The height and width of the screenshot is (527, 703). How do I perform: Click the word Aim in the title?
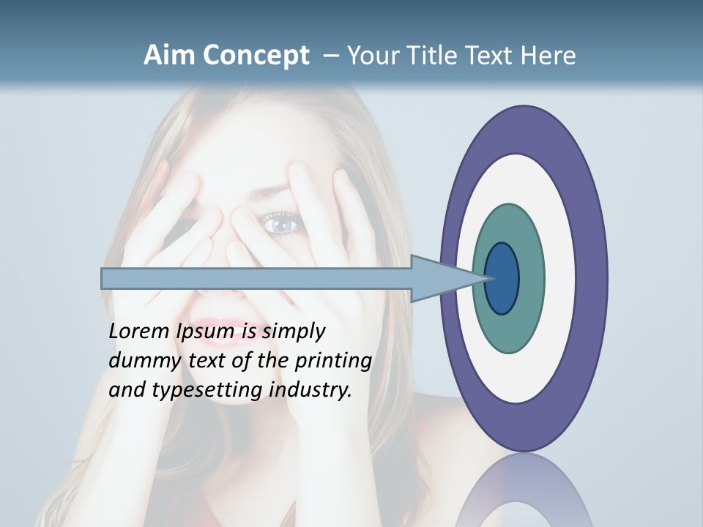pyautogui.click(x=170, y=56)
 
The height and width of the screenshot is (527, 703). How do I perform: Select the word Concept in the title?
pyautogui.click(x=256, y=56)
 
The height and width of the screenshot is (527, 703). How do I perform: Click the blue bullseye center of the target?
pyautogui.click(x=502, y=279)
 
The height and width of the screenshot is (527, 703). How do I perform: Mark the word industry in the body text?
pyautogui.click(x=310, y=390)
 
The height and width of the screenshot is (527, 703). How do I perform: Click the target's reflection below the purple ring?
pyautogui.click(x=524, y=490)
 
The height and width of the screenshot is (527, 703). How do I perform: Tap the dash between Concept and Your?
pyautogui.click(x=330, y=56)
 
